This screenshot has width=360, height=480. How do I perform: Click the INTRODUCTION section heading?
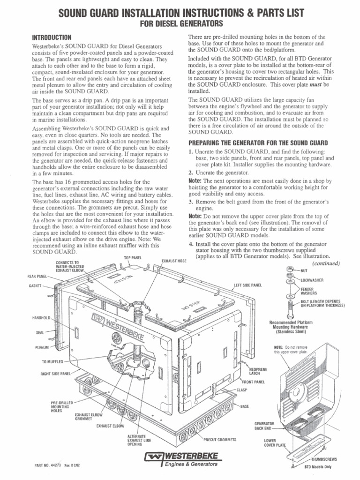(x=51, y=37)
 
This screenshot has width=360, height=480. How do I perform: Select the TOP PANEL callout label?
(x=133, y=258)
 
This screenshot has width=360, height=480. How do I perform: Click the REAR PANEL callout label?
(x=37, y=277)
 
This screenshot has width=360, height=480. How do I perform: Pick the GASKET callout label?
(x=35, y=285)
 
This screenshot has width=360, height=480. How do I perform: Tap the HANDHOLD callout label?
(x=41, y=318)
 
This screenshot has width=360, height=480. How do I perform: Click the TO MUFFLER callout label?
(x=52, y=362)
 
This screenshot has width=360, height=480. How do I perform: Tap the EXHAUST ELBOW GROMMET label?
(x=85, y=417)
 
